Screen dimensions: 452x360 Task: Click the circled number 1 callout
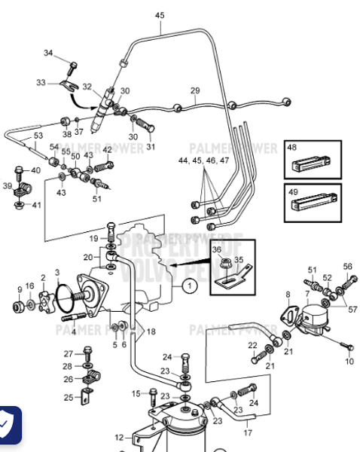[x=191, y=286]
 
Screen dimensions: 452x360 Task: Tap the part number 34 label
[x=49, y=53]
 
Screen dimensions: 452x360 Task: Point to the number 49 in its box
[x=294, y=192]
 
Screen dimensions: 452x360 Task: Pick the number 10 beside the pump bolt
[x=349, y=362]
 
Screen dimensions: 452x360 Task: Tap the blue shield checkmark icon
[x=8, y=426]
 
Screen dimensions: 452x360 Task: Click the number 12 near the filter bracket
[x=119, y=437]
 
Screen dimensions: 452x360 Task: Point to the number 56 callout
[x=347, y=267]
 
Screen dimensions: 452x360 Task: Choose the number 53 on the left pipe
[x=38, y=136]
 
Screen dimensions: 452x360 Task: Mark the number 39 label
[x=8, y=185]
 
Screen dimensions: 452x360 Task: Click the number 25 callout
[x=69, y=397]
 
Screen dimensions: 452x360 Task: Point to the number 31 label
[x=150, y=148]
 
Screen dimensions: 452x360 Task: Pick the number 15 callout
[x=136, y=393]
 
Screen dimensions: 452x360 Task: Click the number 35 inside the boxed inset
[x=240, y=261]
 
